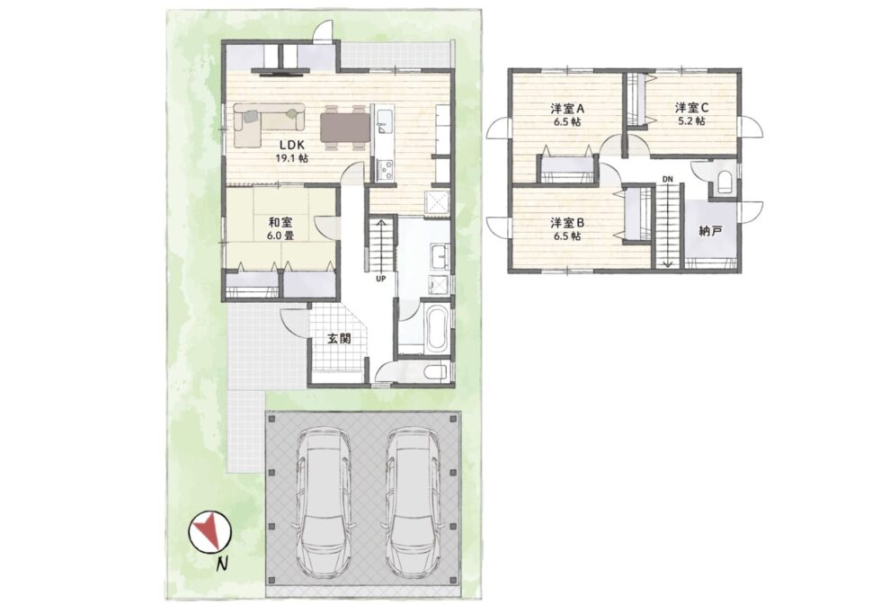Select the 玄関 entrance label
click(339, 339)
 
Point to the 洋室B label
click(567, 223)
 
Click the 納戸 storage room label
click(711, 230)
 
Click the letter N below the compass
click(223, 565)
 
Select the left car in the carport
click(324, 503)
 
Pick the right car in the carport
click(413, 503)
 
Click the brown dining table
click(345, 128)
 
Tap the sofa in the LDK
click(269, 125)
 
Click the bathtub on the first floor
click(436, 328)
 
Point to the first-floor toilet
click(435, 371)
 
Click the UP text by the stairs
click(381, 278)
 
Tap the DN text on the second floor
click(667, 179)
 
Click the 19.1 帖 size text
click(291, 158)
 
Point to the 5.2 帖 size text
click(691, 120)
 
